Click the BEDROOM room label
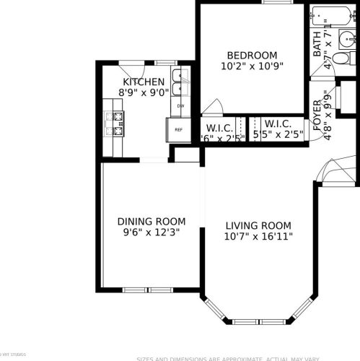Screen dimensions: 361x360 [252, 56]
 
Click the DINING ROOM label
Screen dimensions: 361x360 [152, 222]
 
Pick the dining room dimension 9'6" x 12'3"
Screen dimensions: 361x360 [152, 232]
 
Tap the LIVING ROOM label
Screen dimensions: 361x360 [258, 225]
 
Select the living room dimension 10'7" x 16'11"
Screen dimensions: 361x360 [258, 236]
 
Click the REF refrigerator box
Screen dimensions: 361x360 [178, 130]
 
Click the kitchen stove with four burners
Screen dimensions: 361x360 [115, 122]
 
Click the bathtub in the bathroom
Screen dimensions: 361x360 [334, 14]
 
